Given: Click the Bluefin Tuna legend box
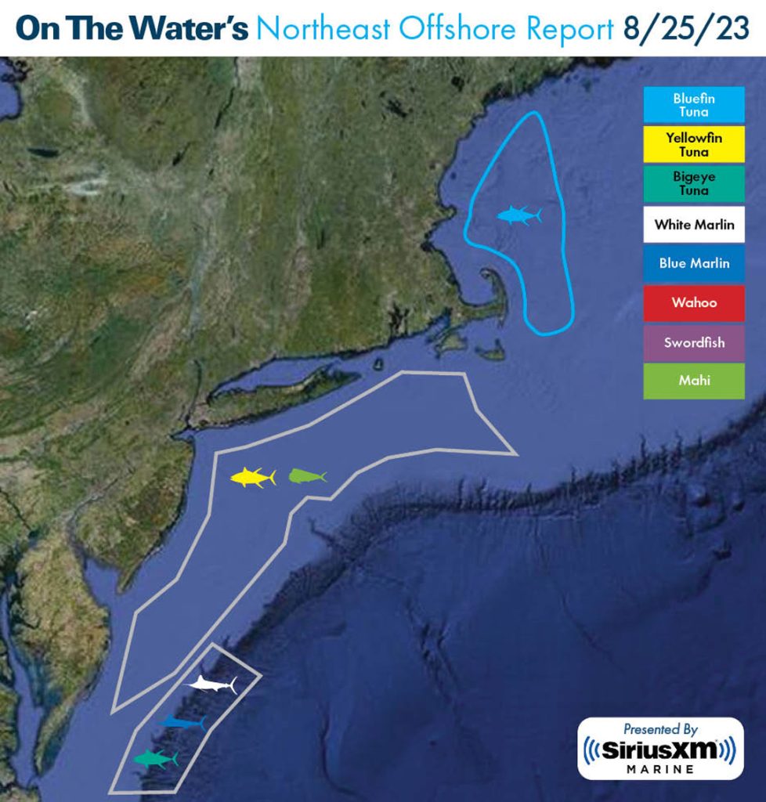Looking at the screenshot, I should (694, 105).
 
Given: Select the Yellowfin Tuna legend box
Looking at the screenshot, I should (694, 144).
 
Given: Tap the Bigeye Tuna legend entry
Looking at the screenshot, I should (694, 183).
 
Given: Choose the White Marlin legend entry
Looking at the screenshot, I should (694, 225).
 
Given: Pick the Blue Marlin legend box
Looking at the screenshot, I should (694, 263).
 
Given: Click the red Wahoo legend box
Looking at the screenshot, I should (694, 302).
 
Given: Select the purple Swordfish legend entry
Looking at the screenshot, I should (694, 342).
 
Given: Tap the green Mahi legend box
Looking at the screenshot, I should (694, 381).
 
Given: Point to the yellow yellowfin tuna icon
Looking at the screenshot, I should (252, 476).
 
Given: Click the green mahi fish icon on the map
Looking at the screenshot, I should (306, 475).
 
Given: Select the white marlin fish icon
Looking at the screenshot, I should (211, 684).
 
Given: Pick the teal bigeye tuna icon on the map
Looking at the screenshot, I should (155, 758).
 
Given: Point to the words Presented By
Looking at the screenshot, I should (660, 729).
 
